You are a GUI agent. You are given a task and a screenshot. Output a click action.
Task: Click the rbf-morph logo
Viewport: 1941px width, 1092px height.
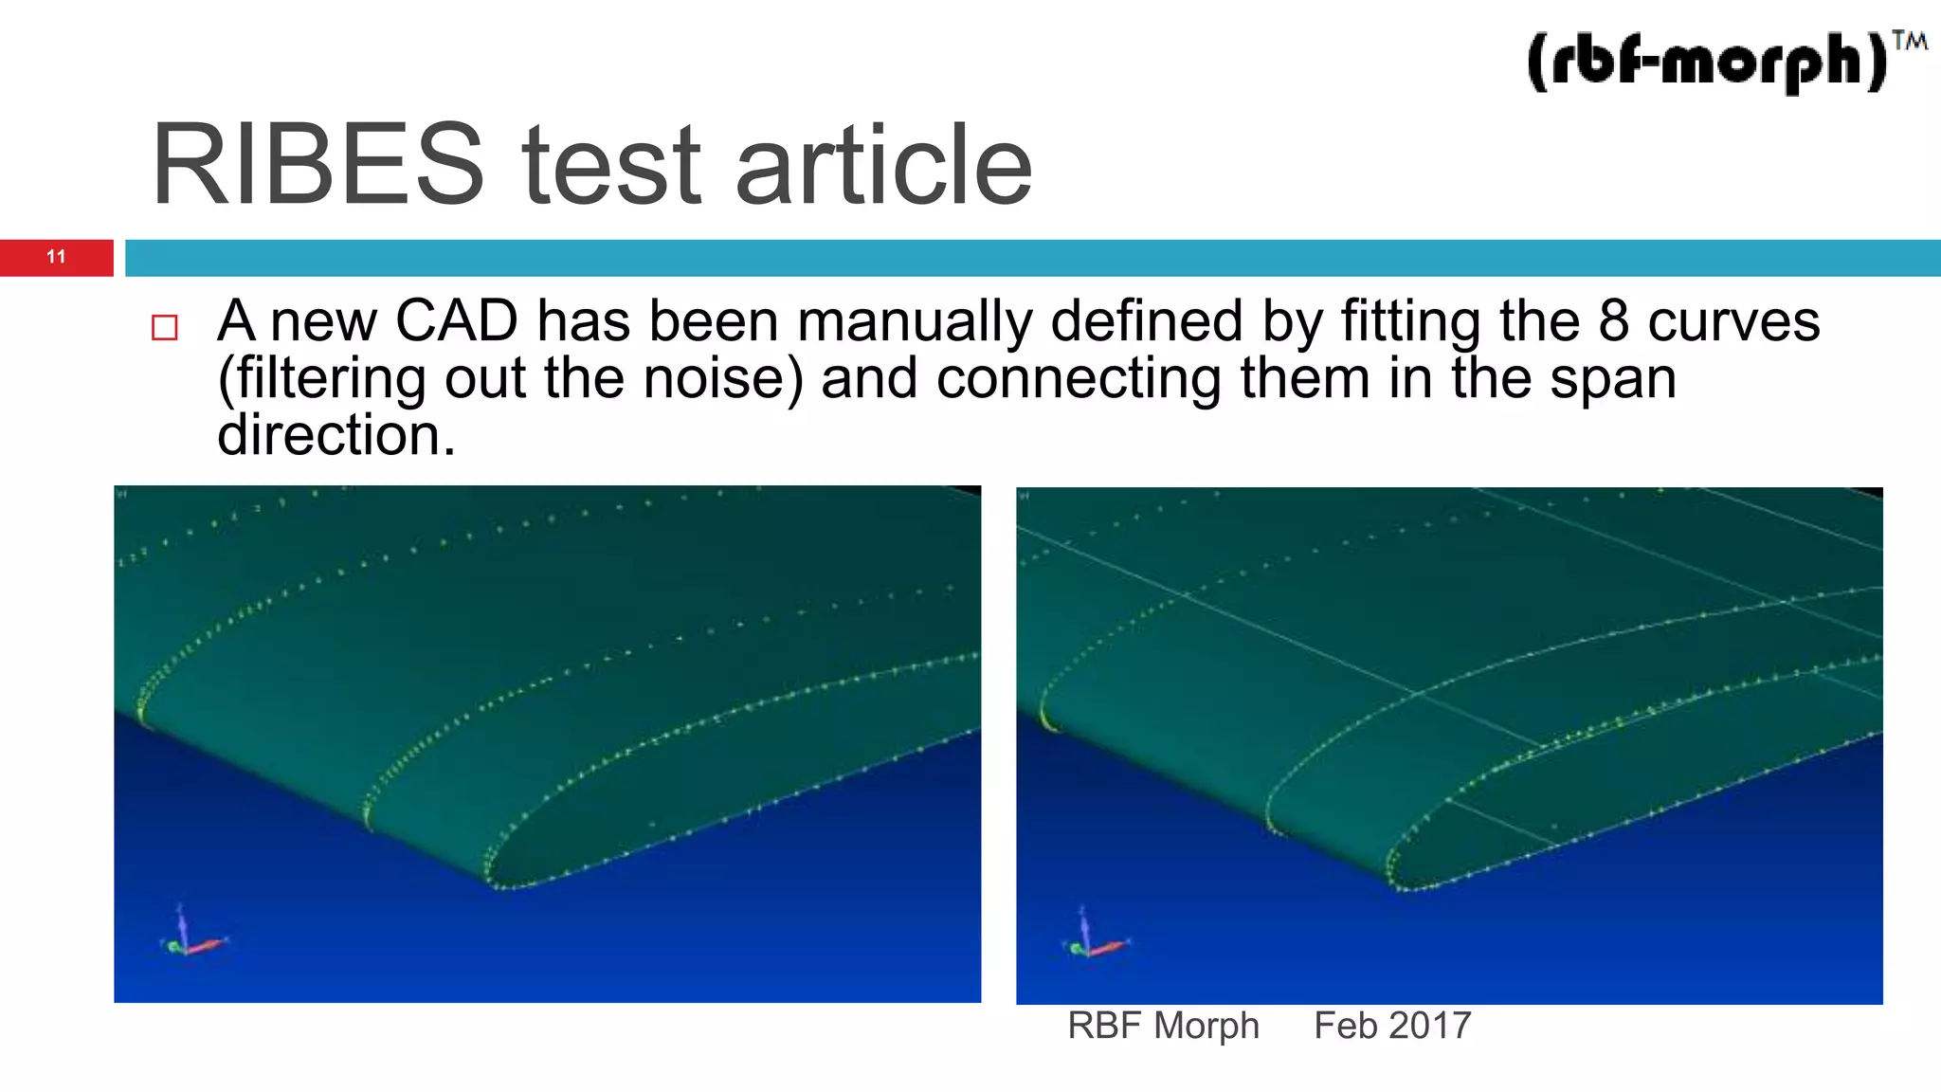pyautogui.click(x=1706, y=62)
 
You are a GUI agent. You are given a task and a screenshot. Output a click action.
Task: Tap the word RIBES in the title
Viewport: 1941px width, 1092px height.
pyautogui.click(x=317, y=166)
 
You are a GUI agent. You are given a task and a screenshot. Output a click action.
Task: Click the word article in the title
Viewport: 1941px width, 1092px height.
pyautogui.click(x=883, y=166)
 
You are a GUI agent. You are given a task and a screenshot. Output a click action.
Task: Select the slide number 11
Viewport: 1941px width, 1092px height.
pyautogui.click(x=56, y=257)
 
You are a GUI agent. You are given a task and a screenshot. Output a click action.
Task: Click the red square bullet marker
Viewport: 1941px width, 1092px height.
pyautogui.click(x=165, y=328)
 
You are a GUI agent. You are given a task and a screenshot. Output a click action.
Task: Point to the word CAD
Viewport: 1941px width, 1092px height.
pyautogui.click(x=456, y=320)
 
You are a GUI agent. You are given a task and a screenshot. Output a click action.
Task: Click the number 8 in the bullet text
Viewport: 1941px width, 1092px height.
pyautogui.click(x=1613, y=320)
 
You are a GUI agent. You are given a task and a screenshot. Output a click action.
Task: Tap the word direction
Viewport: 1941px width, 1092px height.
pyautogui.click(x=336, y=434)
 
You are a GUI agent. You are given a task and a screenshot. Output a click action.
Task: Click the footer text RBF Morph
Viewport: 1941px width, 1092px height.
pyautogui.click(x=1163, y=1026)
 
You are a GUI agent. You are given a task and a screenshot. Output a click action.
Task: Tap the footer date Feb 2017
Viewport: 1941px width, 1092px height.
pyautogui.click(x=1392, y=1026)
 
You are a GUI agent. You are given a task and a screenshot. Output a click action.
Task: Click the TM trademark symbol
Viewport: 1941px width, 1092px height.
pyautogui.click(x=1909, y=41)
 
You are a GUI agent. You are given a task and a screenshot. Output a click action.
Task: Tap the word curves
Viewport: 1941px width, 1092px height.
pyautogui.click(x=1733, y=320)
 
